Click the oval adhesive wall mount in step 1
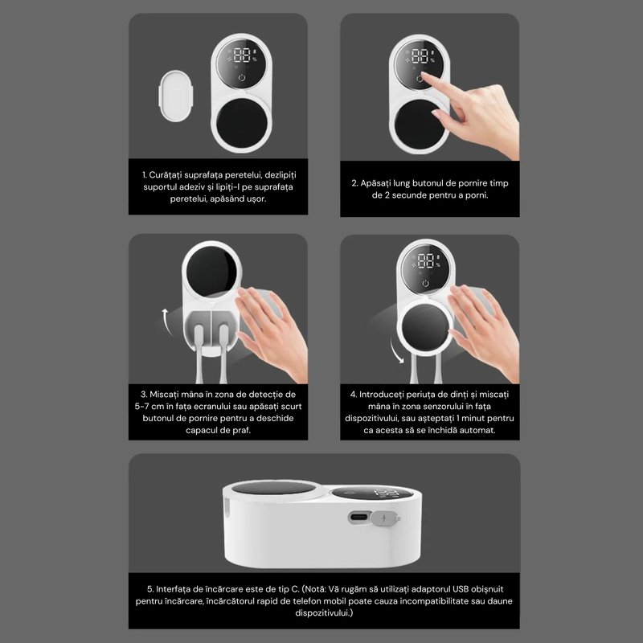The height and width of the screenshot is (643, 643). (x=176, y=96)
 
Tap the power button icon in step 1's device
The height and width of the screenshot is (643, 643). (x=242, y=77)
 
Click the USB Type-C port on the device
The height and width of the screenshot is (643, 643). (x=358, y=517)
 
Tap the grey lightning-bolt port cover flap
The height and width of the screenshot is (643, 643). (x=385, y=518)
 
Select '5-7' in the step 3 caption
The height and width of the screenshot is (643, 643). (x=141, y=407)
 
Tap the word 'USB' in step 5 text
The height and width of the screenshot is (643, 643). (x=461, y=589)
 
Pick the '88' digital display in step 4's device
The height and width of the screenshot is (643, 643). (x=426, y=260)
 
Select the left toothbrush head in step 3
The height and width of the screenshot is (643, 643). (x=199, y=333)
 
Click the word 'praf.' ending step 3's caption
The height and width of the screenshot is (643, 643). (x=241, y=431)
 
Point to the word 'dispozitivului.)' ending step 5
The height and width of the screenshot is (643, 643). (x=324, y=613)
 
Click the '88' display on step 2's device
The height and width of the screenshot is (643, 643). (x=420, y=56)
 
